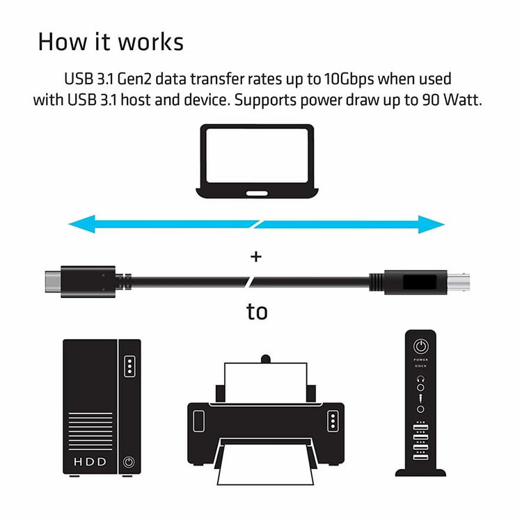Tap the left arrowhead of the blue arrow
pyautogui.click(x=78, y=223)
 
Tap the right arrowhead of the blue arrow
pyautogui.click(x=434, y=223)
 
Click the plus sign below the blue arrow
pyautogui.click(x=256, y=258)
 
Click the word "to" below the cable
pyautogui.click(x=257, y=312)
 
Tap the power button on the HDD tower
pyautogui.click(x=128, y=461)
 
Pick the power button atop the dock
pyautogui.click(x=420, y=347)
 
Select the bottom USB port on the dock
pyautogui.click(x=420, y=457)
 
